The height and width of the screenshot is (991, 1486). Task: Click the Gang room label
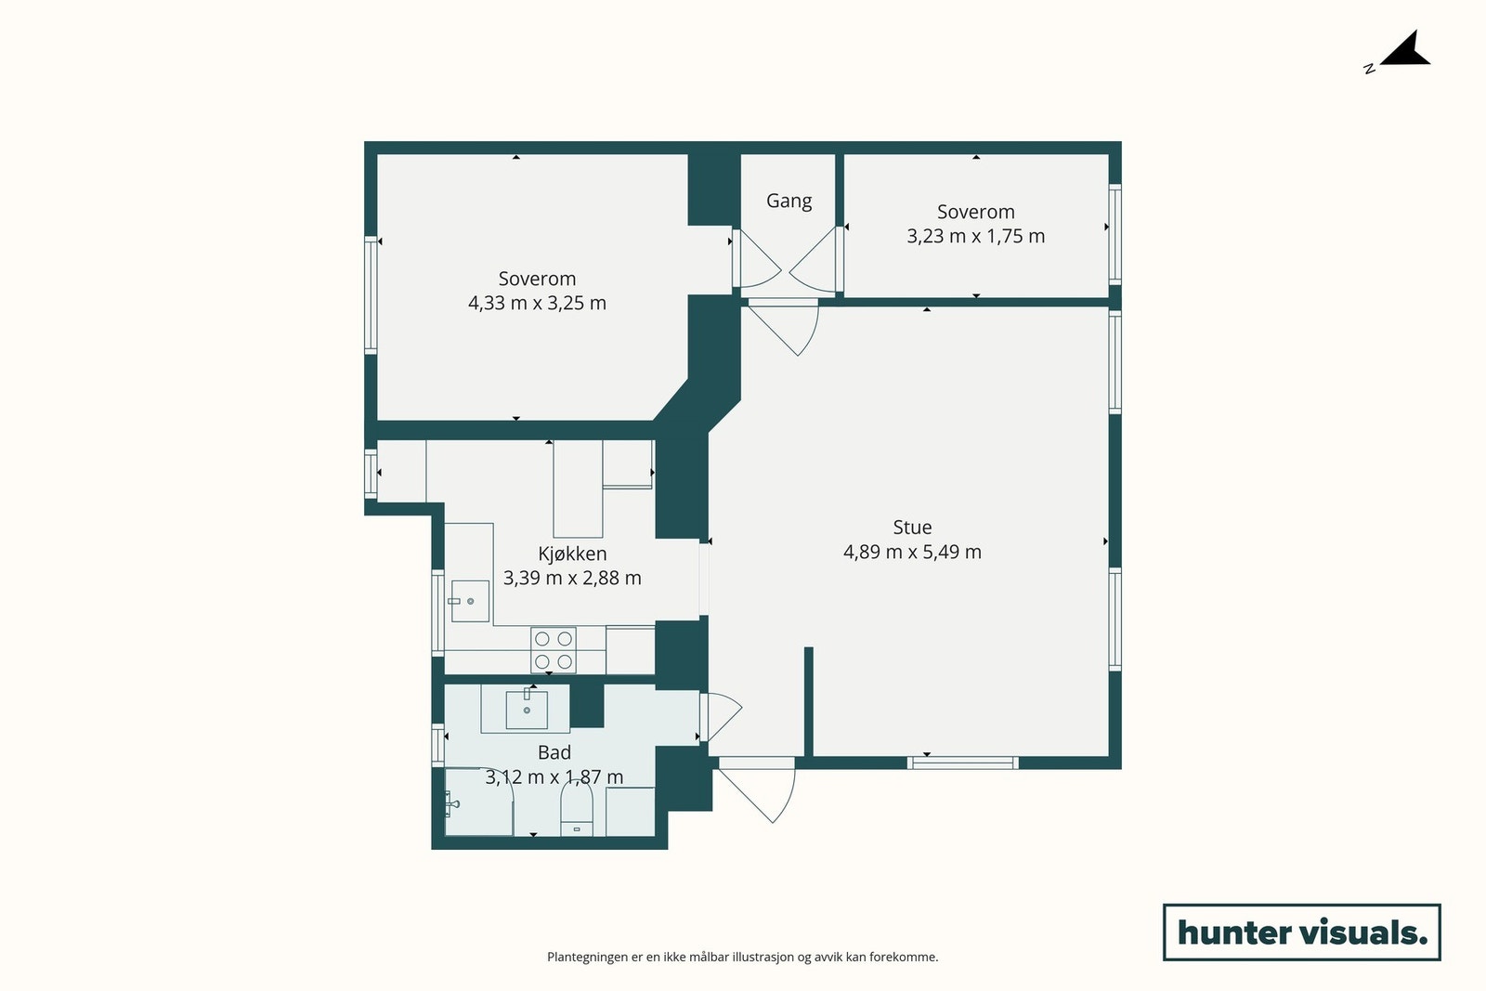[x=789, y=201]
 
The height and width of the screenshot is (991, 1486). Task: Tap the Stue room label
[x=912, y=528]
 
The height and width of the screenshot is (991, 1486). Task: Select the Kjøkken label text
[x=572, y=554]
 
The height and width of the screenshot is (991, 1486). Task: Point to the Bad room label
[x=554, y=752]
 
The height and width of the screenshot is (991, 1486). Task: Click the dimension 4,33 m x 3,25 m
[x=538, y=303]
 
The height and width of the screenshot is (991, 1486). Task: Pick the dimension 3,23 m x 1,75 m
[x=976, y=236]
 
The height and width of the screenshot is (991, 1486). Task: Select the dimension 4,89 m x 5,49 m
[x=912, y=552]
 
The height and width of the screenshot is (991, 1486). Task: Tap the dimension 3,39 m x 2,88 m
[x=572, y=579]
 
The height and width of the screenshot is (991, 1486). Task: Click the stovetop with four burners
[x=554, y=650]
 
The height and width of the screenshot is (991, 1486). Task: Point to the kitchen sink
[x=470, y=601]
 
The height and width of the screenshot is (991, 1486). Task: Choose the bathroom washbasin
[x=527, y=709]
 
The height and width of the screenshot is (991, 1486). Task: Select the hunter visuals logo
[x=1301, y=932]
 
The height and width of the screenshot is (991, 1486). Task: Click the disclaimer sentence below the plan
[x=742, y=958]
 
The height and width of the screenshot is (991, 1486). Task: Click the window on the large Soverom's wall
[x=371, y=294]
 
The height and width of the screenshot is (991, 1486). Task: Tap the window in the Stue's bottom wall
[x=962, y=763]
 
